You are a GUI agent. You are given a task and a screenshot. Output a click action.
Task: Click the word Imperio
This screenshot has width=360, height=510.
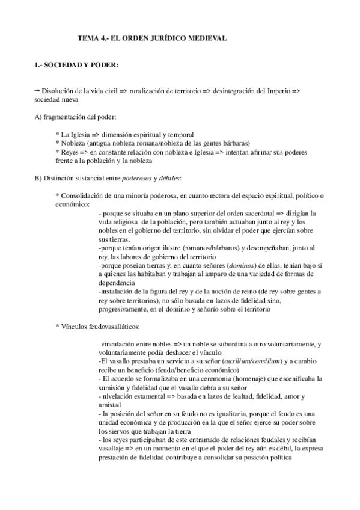point(276,90)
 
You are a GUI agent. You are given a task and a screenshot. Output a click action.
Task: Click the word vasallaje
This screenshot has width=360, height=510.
point(114,449)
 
